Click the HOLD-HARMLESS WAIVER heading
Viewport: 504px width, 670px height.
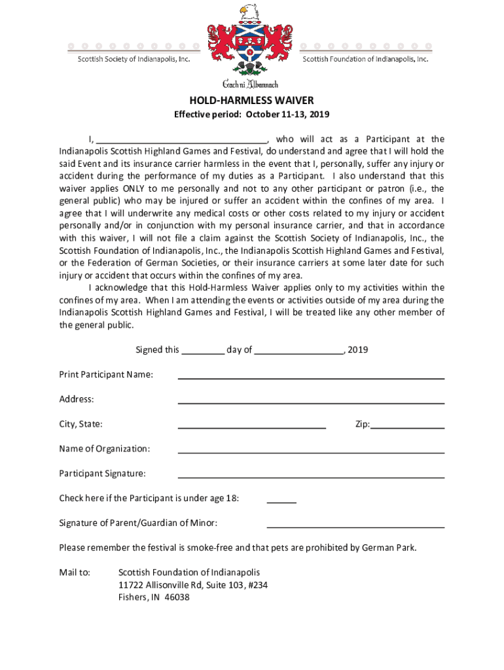tap(252, 100)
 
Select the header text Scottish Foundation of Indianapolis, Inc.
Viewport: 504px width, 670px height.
tap(365, 59)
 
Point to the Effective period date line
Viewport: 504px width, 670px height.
tap(251, 115)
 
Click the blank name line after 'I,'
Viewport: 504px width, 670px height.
tap(182, 140)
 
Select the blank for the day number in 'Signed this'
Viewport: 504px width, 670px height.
tap(203, 351)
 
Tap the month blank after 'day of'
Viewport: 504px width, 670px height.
tap(299, 351)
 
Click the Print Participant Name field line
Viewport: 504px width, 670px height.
tap(311, 377)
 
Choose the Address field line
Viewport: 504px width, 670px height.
tap(311, 402)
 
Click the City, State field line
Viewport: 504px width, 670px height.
tap(252, 427)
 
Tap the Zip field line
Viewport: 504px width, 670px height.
tap(407, 427)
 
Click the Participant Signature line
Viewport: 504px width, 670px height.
tap(311, 476)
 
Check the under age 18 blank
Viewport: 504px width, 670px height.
tap(281, 501)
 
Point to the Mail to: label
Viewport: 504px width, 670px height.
tap(75, 573)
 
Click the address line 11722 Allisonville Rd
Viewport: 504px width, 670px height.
tap(192, 585)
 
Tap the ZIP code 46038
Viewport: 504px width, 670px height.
tap(177, 597)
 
